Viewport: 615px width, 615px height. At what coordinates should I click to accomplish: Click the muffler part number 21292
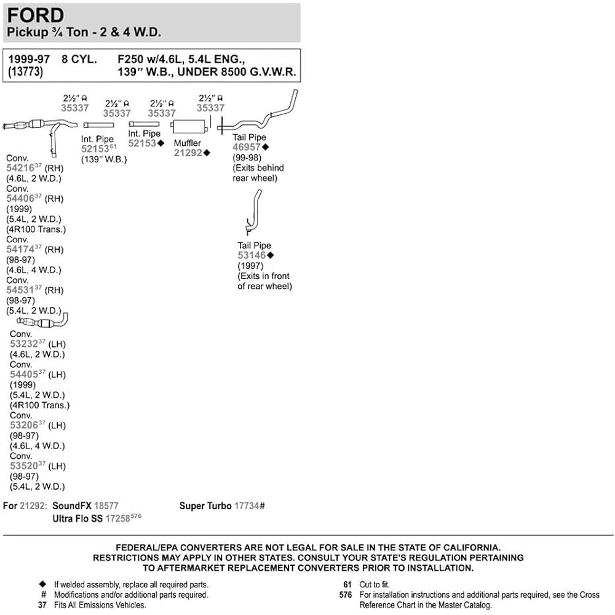(188, 153)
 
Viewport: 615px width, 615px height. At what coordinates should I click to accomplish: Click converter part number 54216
(20, 169)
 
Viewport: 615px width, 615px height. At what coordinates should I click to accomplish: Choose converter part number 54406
(20, 199)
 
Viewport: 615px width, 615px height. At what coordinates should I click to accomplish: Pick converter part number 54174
(20, 250)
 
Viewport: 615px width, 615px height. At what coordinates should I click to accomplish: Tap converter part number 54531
(20, 290)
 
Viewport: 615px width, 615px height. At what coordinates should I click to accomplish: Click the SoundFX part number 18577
(106, 506)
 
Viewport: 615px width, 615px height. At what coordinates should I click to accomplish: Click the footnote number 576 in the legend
(346, 595)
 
